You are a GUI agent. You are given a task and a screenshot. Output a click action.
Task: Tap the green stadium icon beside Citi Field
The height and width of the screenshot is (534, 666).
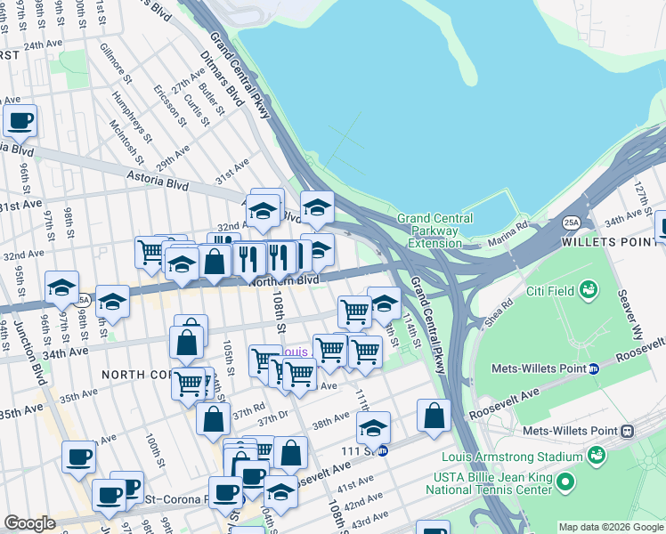click(588, 288)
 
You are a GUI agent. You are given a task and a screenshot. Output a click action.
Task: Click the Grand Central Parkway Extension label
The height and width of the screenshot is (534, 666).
click(427, 231)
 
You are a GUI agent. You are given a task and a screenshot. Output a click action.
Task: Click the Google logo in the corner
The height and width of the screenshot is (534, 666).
click(29, 523)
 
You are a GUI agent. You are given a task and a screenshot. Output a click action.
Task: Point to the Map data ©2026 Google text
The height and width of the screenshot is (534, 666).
click(611, 527)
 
